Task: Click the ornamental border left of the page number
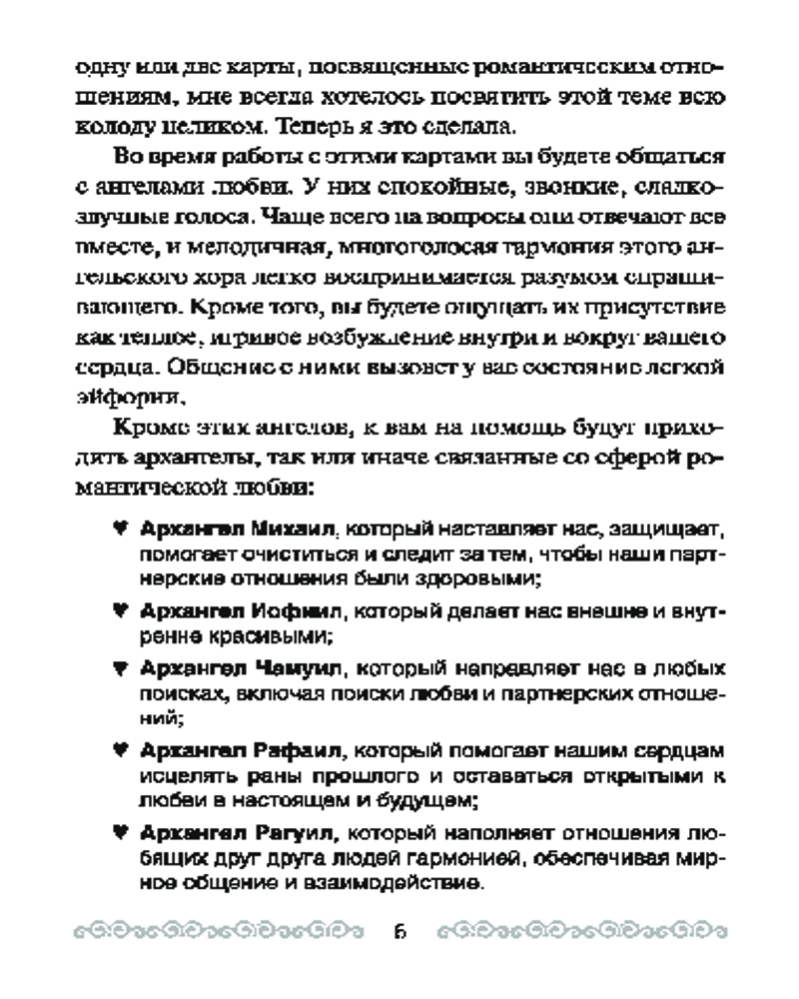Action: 216,934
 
